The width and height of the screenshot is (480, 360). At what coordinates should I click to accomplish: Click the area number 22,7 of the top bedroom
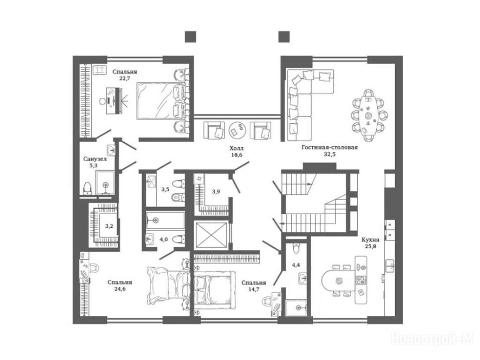pos(125,78)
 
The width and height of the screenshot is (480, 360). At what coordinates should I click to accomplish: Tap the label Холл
pos(237,149)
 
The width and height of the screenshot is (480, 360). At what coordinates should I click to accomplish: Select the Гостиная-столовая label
pos(330,147)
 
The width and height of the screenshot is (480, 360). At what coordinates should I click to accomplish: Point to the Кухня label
pos(371,240)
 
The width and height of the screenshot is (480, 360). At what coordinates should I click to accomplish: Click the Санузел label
pos(95,159)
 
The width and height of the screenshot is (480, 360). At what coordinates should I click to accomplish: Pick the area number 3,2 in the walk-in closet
pos(109,226)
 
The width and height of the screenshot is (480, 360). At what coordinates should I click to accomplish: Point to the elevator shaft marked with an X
pos(211,234)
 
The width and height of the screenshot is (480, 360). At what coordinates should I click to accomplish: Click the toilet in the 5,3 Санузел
pos(87,188)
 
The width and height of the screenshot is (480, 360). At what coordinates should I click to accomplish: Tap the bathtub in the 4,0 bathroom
pos(165,220)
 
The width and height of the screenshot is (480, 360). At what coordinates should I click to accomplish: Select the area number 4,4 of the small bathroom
pos(296,265)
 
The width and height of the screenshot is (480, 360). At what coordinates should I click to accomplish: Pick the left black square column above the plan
pos(190,37)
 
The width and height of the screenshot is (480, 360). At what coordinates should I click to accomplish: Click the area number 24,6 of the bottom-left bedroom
pos(120,289)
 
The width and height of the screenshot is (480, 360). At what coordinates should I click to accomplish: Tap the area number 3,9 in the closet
pos(216,192)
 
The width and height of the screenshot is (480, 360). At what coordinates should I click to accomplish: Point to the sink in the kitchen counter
pos(390,265)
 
